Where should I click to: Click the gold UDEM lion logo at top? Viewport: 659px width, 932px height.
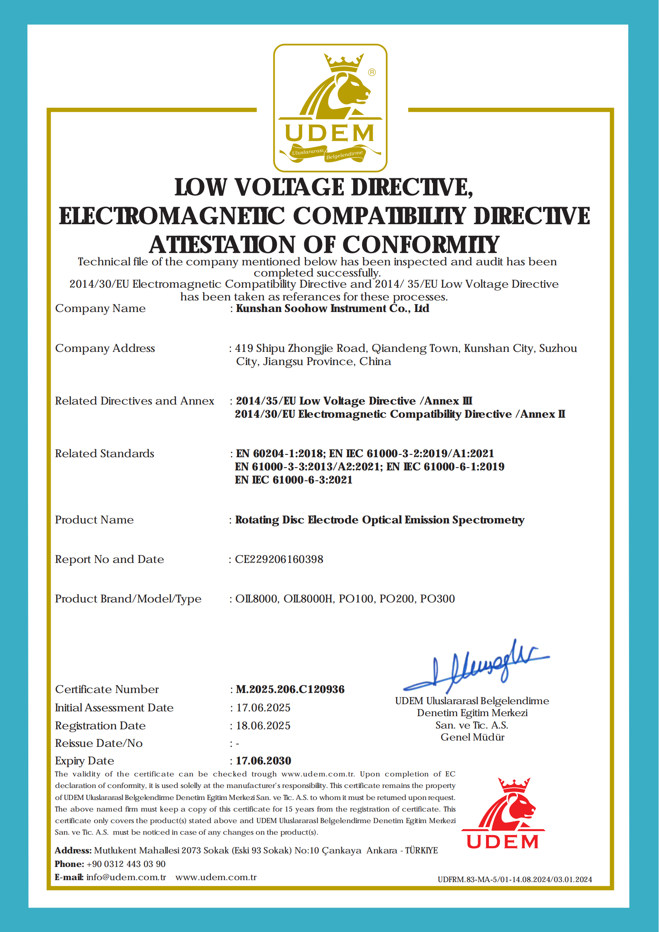tap(330, 108)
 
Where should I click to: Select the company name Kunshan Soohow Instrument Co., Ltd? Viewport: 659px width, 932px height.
tap(332, 309)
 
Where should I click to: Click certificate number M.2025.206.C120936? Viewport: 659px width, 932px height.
tap(290, 689)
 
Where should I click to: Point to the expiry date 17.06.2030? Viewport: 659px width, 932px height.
tap(264, 760)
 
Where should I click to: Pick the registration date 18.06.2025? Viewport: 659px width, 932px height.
tap(264, 726)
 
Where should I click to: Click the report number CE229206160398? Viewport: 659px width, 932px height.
tap(279, 559)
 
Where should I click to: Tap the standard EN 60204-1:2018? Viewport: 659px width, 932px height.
tap(280, 454)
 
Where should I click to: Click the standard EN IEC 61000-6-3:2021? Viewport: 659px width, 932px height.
tap(294, 480)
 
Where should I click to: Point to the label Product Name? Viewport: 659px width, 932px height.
tap(94, 520)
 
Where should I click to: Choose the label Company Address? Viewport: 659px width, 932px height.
tap(105, 348)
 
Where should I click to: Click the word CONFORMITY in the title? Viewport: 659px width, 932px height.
tap(421, 245)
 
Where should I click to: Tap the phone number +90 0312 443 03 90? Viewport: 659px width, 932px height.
tap(126, 864)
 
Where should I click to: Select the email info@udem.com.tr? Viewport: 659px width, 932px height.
tap(126, 877)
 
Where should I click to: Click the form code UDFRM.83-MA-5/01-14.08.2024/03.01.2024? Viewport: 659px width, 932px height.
tap(515, 880)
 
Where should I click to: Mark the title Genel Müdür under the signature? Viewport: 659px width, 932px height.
tap(472, 737)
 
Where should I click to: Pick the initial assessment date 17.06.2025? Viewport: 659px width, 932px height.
tap(264, 708)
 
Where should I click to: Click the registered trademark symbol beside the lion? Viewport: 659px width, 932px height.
tap(372, 72)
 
